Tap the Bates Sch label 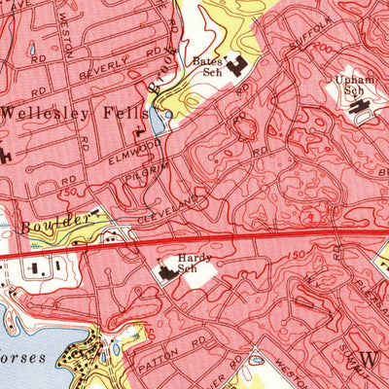tap(207, 65)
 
